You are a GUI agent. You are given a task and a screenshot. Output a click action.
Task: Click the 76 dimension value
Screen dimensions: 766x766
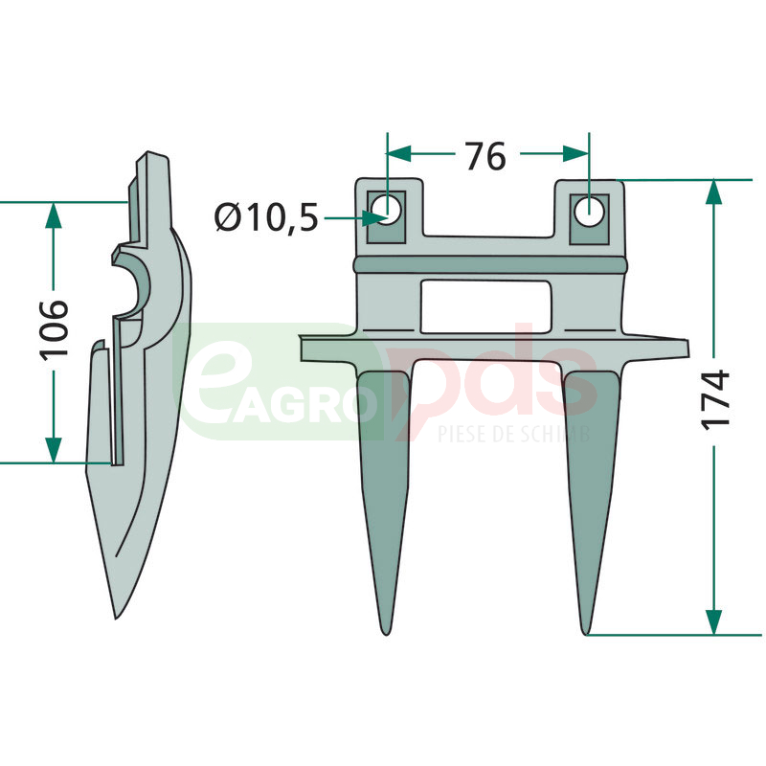pyautogui.click(x=485, y=156)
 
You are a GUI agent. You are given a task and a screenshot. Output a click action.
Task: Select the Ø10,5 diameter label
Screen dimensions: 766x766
pyautogui.click(x=266, y=217)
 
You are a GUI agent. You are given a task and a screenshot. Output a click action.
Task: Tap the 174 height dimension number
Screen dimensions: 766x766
pyautogui.click(x=715, y=400)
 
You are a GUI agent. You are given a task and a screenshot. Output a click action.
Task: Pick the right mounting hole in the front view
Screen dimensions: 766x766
pyautogui.click(x=589, y=212)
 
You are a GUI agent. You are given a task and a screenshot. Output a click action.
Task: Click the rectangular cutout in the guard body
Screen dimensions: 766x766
pyautogui.click(x=486, y=306)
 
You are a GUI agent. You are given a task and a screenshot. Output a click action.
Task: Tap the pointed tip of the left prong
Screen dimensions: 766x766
pyautogui.click(x=387, y=633)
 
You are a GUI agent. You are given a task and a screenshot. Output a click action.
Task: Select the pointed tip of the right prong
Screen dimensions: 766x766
pyautogui.click(x=586, y=633)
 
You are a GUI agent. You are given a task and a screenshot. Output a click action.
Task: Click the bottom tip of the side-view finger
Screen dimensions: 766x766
pyautogui.click(x=116, y=618)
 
